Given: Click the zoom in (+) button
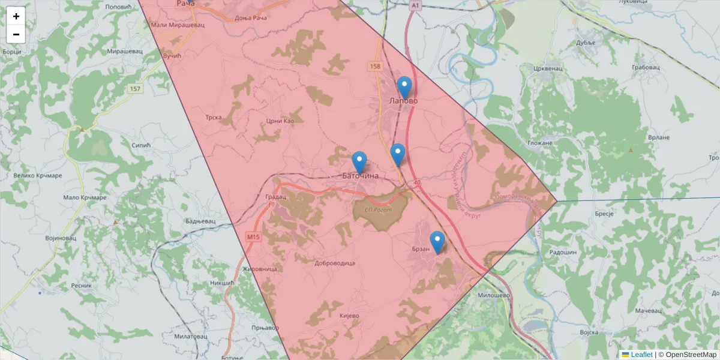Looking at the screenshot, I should (16, 16).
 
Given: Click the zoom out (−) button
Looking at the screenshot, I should (16, 34).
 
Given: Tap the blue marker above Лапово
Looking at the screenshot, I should (404, 87).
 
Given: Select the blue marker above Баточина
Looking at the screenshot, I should (359, 162).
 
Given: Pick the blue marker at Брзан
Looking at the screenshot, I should (437, 241).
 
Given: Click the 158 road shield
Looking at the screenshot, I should (376, 66).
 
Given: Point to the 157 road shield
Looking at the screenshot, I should (135, 89).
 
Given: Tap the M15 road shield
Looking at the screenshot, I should (253, 238).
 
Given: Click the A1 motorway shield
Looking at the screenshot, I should (415, 5).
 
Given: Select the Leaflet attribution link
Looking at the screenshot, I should (641, 355).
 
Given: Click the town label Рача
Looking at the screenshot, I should (186, 4).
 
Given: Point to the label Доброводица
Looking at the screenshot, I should (335, 263).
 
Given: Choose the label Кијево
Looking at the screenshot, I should (349, 316).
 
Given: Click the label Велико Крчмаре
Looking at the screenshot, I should (37, 176).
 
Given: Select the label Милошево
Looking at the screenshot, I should (494, 295).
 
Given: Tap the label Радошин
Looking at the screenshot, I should (563, 253).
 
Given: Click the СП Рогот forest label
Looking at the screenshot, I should (377, 209).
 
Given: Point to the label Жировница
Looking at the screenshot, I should (259, 269).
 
